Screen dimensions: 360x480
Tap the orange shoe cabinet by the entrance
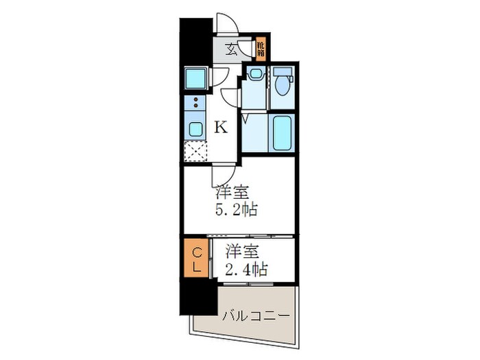(261, 48)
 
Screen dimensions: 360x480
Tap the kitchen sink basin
(195, 129)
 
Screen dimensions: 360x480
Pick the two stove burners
(195, 104)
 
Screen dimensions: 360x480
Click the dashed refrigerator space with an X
(195, 151)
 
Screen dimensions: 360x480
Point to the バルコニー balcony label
(255, 315)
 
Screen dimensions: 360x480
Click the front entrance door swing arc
(228, 24)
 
